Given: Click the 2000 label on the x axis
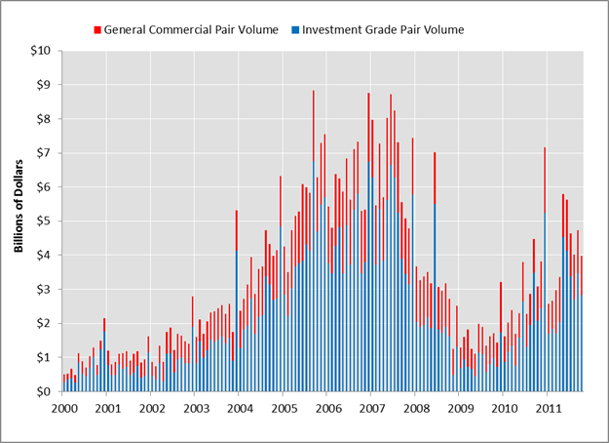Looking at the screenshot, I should tap(63, 407).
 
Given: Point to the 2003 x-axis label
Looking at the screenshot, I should tap(196, 407).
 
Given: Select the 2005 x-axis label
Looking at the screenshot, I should tap(284, 407).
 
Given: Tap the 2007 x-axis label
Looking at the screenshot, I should tap(371, 407).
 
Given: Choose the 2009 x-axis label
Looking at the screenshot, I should tap(459, 407).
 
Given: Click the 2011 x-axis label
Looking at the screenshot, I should tap(548, 407).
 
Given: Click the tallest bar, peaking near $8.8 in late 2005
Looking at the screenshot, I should tap(313, 244).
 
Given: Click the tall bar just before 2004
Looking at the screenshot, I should tap(236, 302).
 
